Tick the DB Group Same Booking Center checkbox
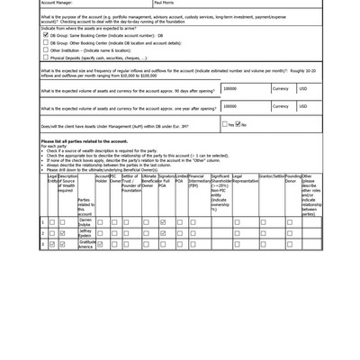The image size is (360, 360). [x=46, y=35]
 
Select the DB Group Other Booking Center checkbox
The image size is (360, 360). [x=46, y=41]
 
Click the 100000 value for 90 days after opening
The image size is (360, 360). [x=230, y=89]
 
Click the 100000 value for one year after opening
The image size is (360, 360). [x=230, y=107]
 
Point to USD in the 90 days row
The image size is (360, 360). [x=303, y=89]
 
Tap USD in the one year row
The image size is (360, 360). [x=303, y=107]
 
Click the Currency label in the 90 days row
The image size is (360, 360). [x=281, y=89]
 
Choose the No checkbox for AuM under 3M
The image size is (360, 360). [x=238, y=125]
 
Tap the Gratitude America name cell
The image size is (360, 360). [x=85, y=244]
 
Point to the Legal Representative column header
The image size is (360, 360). [x=245, y=179]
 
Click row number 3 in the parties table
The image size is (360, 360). [x=42, y=244]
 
